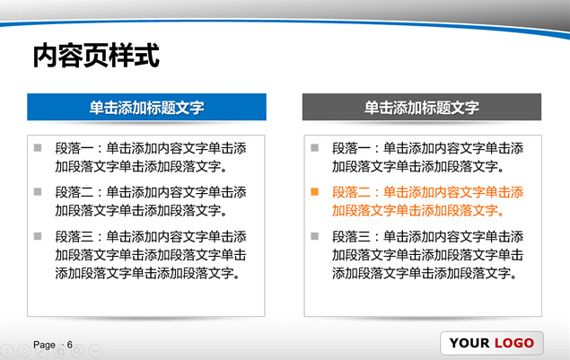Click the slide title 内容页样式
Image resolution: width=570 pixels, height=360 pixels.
click(x=96, y=56)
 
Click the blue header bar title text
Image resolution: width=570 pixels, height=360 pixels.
click(x=146, y=108)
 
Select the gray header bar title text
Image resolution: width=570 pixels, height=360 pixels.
click(x=422, y=108)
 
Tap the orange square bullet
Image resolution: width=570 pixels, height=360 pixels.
click(x=315, y=191)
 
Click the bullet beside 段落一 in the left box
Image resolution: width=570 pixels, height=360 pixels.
click(x=38, y=147)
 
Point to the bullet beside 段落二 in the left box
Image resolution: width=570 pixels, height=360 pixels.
click(x=38, y=191)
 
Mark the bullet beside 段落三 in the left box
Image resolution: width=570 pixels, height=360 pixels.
click(x=38, y=236)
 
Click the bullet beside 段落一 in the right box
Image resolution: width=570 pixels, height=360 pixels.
click(x=315, y=147)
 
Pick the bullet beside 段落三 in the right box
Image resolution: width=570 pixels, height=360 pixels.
click(x=315, y=236)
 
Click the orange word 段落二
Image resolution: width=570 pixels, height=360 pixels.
click(x=351, y=192)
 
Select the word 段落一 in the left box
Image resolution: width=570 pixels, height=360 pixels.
click(x=75, y=148)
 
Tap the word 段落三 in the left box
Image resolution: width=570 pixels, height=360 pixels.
click(x=75, y=237)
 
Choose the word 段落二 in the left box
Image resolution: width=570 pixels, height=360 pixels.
click(x=75, y=192)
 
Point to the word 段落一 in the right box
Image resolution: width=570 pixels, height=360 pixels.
click(x=351, y=148)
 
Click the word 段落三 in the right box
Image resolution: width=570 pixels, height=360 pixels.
click(x=351, y=237)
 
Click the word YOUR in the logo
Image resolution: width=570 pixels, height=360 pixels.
click(x=469, y=343)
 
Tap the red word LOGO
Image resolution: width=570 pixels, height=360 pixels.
click(x=514, y=343)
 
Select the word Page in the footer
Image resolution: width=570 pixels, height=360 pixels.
click(x=44, y=345)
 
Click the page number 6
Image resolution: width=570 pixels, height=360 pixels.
click(x=70, y=345)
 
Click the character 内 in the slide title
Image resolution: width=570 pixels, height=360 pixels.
click(x=45, y=56)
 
